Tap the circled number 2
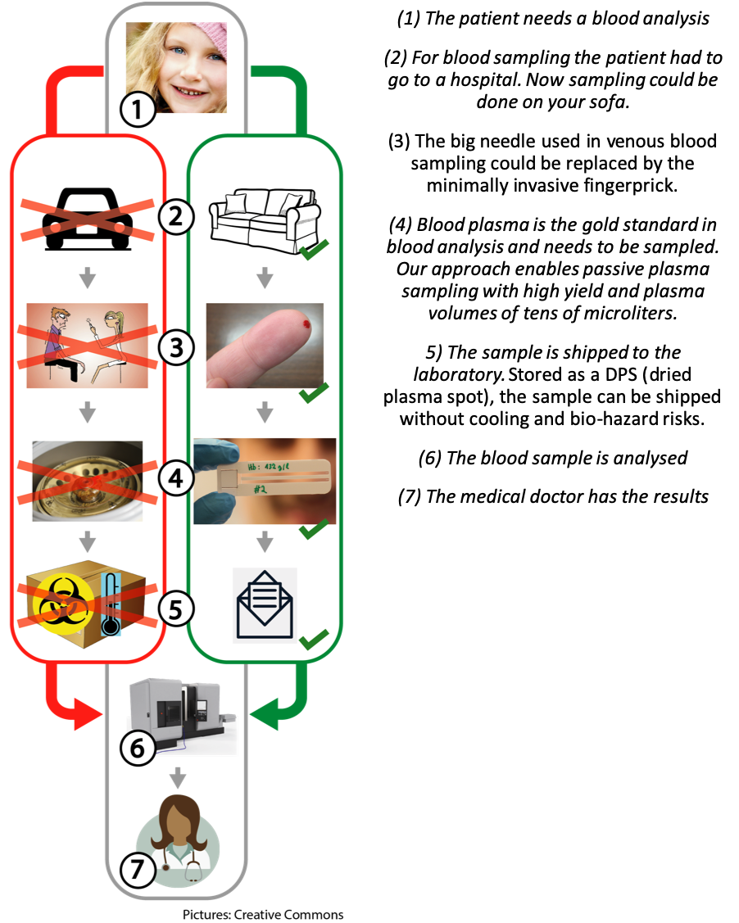coord(175,218)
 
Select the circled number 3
coord(175,347)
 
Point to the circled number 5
coord(175,608)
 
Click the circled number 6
coord(138,748)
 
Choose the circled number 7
coord(138,870)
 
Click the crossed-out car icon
coord(87,217)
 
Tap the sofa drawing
coord(264,215)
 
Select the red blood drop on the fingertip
coord(308,325)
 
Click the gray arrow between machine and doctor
coord(178,777)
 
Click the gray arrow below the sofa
coord(264,279)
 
